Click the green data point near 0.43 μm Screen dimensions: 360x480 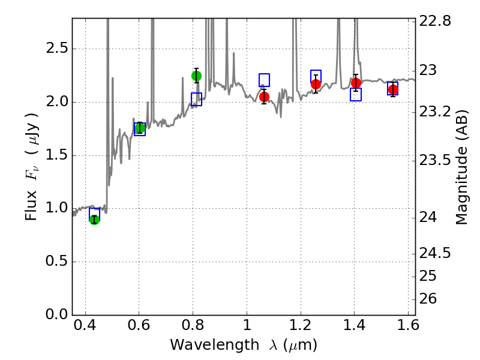tap(94, 220)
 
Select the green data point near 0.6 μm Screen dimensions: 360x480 tap(140, 128)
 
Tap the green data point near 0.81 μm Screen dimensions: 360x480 tap(196, 76)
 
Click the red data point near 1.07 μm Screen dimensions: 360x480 tap(264, 97)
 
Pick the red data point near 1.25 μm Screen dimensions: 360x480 tap(316, 83)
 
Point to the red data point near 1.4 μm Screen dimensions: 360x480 tap(356, 83)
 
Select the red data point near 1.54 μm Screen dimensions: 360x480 tap(393, 90)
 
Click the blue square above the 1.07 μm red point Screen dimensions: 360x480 tap(264, 80)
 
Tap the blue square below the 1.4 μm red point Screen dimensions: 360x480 tap(356, 94)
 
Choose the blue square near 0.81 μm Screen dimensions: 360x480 tap(196, 100)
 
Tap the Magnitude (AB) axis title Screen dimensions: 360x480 tap(461, 169)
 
